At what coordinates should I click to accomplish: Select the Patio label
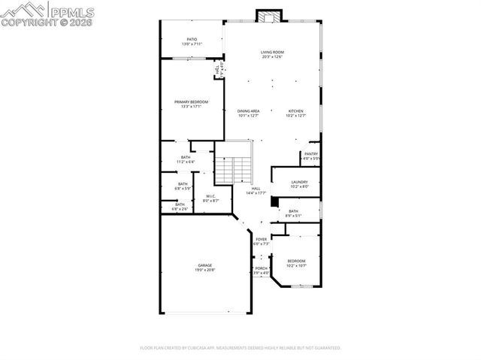192,41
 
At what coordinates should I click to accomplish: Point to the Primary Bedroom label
191,104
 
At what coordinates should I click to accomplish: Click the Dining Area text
248,113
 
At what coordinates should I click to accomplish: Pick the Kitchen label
296,113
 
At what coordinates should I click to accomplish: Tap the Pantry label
310,156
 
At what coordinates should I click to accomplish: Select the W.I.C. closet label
210,198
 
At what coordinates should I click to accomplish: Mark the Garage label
204,268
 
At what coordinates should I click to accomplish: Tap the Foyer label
261,241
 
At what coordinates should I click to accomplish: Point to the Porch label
261,270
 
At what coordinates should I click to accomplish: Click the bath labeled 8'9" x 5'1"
293,213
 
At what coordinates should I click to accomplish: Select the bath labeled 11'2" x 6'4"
186,159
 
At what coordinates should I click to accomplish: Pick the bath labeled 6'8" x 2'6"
180,206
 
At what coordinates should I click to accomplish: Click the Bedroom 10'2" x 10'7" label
296,263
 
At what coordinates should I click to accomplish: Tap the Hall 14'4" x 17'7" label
256,191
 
